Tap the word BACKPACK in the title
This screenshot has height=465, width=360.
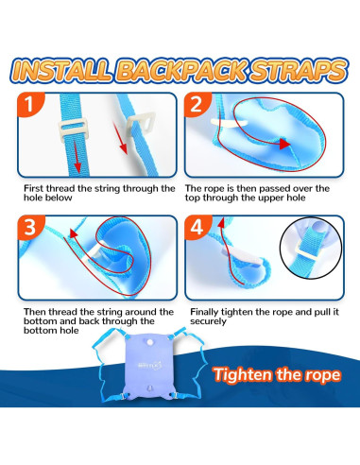(x=182, y=70)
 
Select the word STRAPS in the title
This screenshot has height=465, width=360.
(x=299, y=70)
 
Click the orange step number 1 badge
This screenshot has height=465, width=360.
(x=30, y=104)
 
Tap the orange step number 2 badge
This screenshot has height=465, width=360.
(x=197, y=104)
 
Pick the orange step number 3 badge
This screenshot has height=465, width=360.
(x=30, y=227)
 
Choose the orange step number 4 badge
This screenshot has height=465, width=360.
(x=197, y=227)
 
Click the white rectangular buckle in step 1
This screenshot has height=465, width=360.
(x=73, y=130)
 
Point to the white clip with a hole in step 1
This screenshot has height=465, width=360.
(x=141, y=125)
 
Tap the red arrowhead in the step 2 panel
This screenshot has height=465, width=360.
(x=284, y=144)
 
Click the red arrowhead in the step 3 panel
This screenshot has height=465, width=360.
(x=73, y=233)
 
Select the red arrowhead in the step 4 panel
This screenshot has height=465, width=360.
(x=221, y=222)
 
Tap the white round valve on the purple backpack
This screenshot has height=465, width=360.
(x=150, y=341)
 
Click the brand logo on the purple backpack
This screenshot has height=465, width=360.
(x=150, y=366)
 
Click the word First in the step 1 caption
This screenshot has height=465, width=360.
(x=34, y=188)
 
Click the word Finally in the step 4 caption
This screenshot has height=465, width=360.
(x=204, y=312)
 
